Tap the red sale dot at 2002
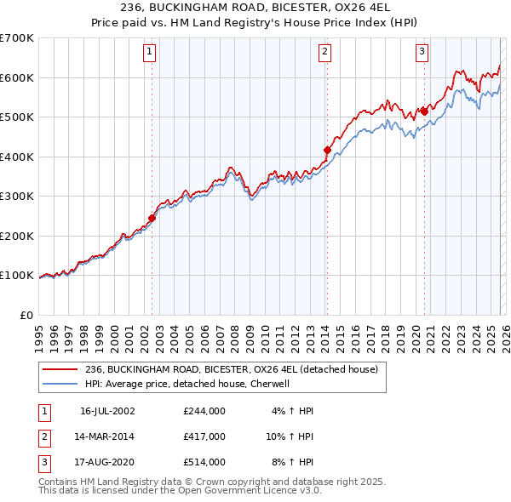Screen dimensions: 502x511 [152, 218]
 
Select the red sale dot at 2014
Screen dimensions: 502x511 [327, 150]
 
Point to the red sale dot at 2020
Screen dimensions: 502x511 [423, 111]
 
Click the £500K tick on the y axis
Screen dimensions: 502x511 [17, 117]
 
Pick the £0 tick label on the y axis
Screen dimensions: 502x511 [26, 315]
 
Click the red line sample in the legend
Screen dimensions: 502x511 [60, 369]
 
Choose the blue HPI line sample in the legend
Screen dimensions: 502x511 [60, 384]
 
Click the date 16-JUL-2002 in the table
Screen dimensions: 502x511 [107, 411]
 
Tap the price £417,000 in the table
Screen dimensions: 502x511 [204, 436]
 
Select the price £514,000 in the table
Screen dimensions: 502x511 [204, 462]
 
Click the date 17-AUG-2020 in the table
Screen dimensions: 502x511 [107, 462]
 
